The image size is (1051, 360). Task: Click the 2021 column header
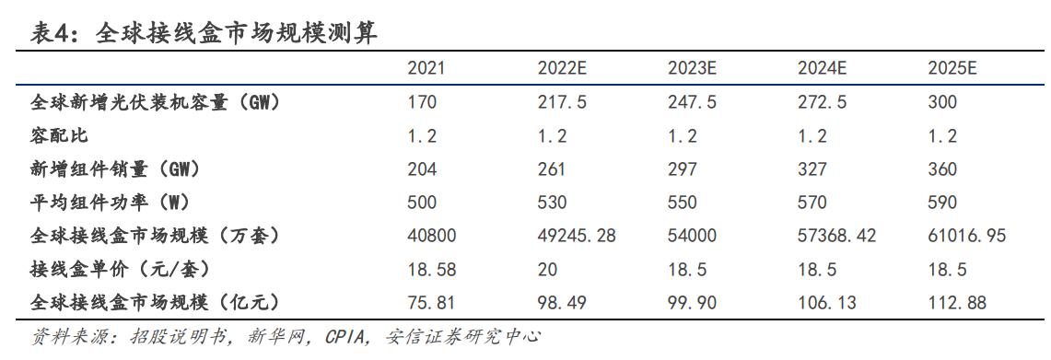click(x=427, y=70)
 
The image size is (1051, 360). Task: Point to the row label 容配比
click(x=60, y=136)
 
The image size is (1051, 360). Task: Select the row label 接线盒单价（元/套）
click(x=121, y=269)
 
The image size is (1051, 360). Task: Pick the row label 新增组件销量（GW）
click(x=115, y=169)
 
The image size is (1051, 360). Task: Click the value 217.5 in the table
click(x=562, y=103)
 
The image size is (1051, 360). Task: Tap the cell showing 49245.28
click(x=577, y=236)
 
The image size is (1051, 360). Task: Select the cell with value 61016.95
click(x=967, y=236)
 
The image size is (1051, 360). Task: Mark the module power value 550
click(x=683, y=203)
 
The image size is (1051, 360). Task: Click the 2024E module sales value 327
click(x=813, y=169)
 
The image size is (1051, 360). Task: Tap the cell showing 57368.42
click(x=836, y=236)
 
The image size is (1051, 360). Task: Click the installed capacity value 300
click(x=943, y=103)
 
